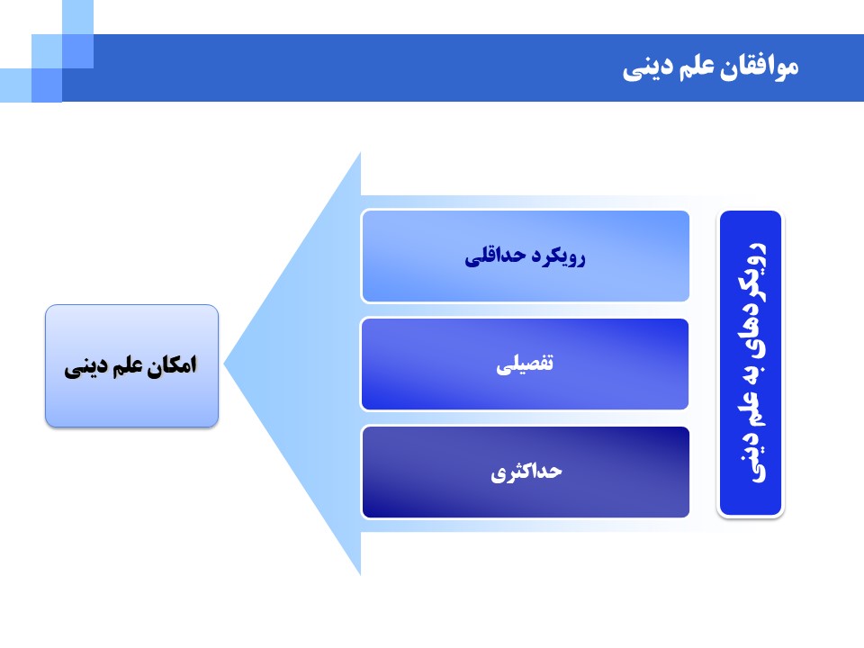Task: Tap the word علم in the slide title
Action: (696, 66)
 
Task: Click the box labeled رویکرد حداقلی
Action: (525, 256)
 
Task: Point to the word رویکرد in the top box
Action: (558, 257)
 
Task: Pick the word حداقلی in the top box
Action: (495, 257)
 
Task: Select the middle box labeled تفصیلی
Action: (525, 364)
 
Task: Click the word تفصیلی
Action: (525, 364)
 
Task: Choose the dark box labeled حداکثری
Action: (525, 472)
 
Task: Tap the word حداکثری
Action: (526, 472)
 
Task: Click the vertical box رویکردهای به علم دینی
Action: (751, 364)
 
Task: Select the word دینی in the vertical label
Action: (751, 459)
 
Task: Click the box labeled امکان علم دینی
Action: (131, 366)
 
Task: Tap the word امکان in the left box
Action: (172, 365)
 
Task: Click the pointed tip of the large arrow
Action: (225, 364)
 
